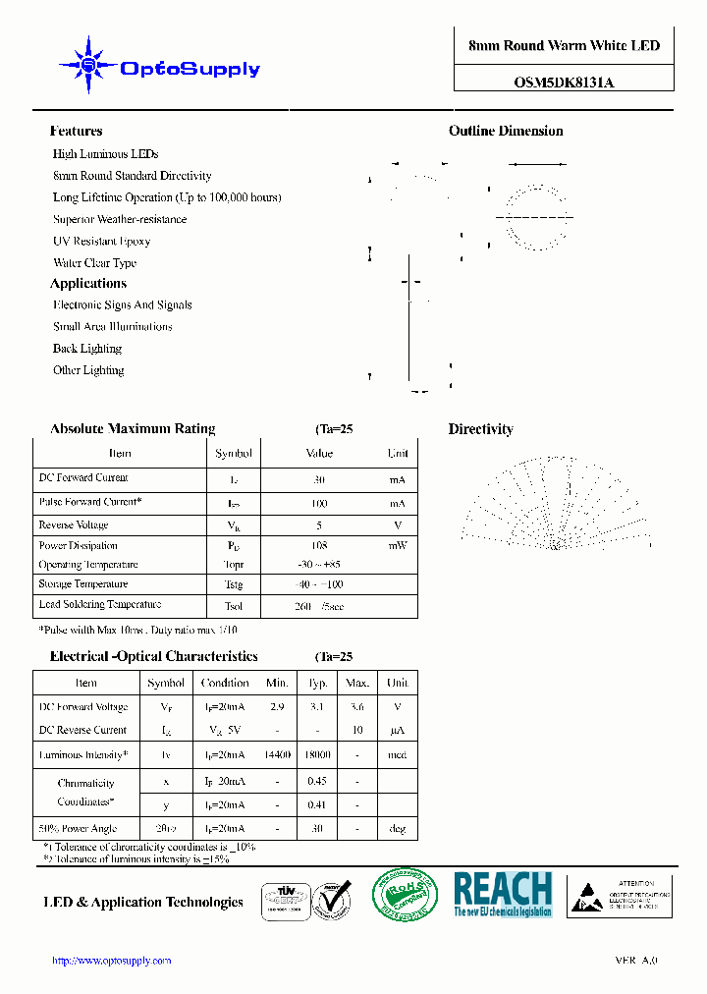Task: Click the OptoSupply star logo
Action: pyautogui.click(x=89, y=66)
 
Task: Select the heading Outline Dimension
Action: pyautogui.click(x=506, y=131)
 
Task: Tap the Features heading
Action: pyautogui.click(x=76, y=131)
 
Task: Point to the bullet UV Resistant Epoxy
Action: pyautogui.click(x=101, y=241)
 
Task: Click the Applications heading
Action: pyautogui.click(x=88, y=283)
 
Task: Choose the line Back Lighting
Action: pyautogui.click(x=87, y=349)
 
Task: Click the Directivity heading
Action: pyautogui.click(x=480, y=429)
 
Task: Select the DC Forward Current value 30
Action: pyautogui.click(x=319, y=480)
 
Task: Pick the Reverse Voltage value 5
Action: pyautogui.click(x=319, y=525)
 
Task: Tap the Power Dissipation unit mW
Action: pyautogui.click(x=397, y=545)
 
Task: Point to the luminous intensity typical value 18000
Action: pyautogui.click(x=317, y=755)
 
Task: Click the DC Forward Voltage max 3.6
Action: pyautogui.click(x=357, y=707)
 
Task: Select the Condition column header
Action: pyautogui.click(x=225, y=683)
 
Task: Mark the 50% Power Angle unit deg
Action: pyautogui.click(x=397, y=829)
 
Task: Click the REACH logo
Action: pyautogui.click(x=503, y=895)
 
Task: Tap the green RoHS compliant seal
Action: pyautogui.click(x=405, y=896)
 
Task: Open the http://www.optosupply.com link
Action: pyautogui.click(x=111, y=961)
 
